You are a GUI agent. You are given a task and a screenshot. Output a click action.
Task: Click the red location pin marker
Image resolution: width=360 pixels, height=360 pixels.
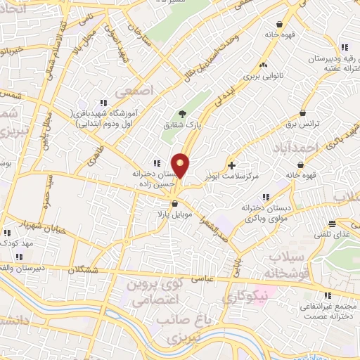pos(181,165)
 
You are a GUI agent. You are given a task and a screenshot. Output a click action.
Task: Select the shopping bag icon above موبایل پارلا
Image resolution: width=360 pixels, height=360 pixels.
pos(174,204)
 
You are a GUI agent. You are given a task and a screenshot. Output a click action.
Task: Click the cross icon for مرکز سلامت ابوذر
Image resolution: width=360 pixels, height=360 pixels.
pos(232,165)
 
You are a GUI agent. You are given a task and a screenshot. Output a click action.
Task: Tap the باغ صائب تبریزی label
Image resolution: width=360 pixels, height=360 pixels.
pos(175,329)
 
